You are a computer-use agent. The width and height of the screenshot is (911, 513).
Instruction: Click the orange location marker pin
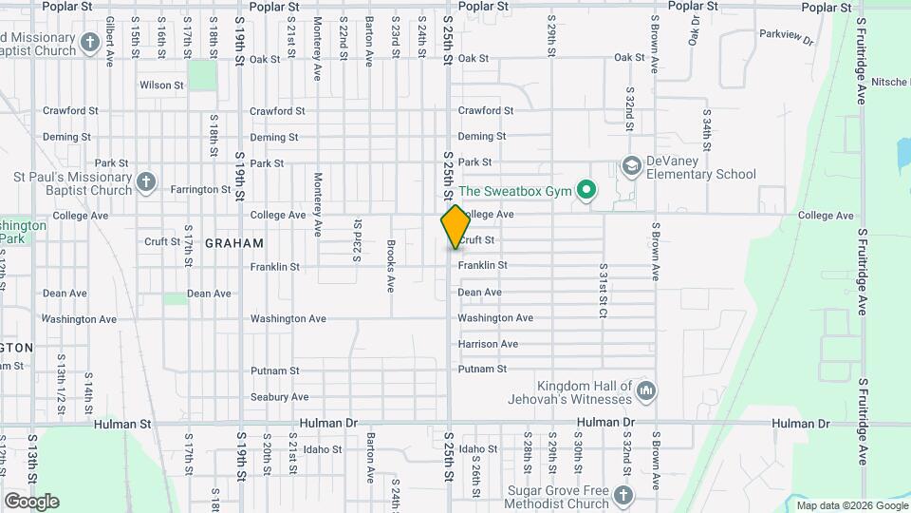(455, 226)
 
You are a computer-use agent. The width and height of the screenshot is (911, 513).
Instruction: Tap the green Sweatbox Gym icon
(586, 191)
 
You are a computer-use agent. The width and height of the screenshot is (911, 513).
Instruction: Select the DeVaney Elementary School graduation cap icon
(631, 167)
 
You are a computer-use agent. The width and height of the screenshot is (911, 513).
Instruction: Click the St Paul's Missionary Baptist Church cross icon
(145, 181)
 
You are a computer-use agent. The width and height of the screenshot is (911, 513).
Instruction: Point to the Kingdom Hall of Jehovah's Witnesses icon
(646, 390)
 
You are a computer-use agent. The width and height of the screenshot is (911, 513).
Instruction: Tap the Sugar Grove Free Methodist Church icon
(623, 496)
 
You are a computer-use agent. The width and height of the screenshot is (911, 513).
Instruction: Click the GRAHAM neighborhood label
(234, 243)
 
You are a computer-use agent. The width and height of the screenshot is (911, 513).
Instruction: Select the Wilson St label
(161, 85)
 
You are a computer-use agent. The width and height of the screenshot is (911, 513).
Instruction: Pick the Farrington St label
(200, 190)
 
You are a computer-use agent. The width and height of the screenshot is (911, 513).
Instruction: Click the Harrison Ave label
(488, 344)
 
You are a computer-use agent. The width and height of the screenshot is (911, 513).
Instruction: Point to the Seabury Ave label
(279, 397)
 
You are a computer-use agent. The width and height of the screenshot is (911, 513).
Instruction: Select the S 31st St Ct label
(603, 293)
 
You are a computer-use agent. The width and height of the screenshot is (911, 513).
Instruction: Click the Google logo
(30, 502)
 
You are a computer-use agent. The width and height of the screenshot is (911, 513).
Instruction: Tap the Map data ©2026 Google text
(850, 504)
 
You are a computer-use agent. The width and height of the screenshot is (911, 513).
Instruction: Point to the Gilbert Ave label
(110, 40)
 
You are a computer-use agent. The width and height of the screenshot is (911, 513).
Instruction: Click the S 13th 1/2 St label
(60, 393)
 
